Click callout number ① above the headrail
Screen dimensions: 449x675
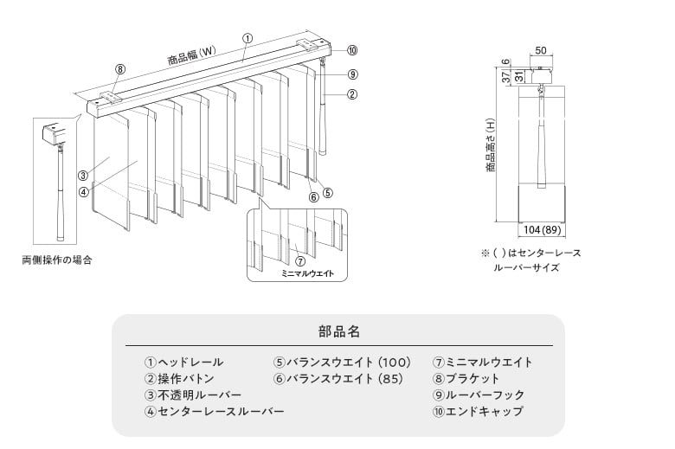click(247, 38)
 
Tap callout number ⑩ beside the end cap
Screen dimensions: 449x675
click(352, 49)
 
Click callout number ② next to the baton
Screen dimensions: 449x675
click(352, 95)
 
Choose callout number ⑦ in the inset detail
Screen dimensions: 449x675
click(299, 260)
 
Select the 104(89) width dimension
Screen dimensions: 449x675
click(543, 229)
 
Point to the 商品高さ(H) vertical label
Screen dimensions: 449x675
click(490, 147)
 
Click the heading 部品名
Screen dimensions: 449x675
click(338, 331)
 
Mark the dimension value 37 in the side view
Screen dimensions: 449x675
click(505, 78)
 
